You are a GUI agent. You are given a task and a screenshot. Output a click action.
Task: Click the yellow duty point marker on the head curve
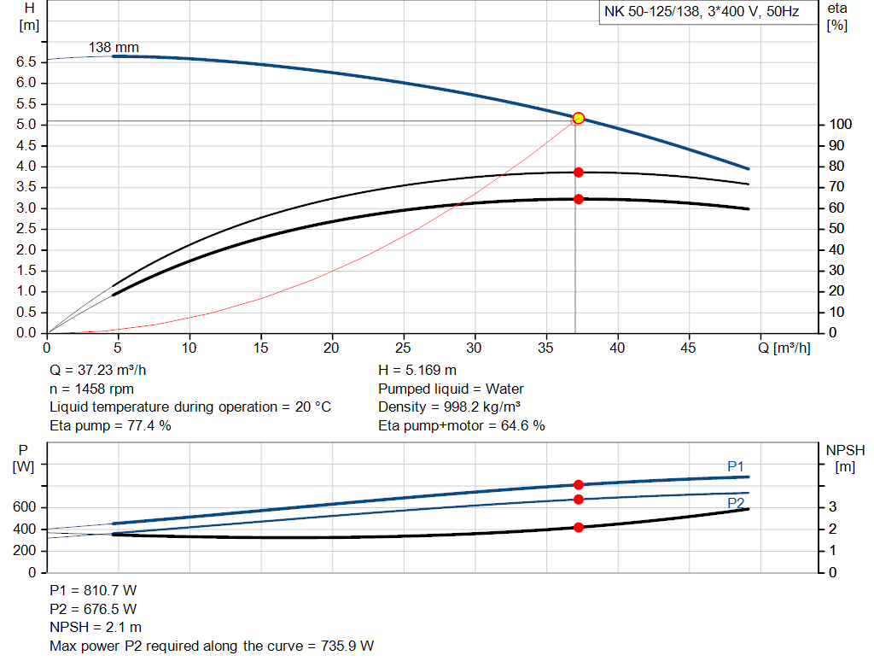pos(578,118)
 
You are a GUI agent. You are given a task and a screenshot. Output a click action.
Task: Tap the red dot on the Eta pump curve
pos(578,173)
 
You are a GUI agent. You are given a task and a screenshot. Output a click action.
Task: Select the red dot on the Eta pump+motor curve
pos(578,199)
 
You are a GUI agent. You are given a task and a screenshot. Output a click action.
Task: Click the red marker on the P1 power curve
pos(578,485)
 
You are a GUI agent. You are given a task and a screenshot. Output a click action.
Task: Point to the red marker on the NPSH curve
pos(578,527)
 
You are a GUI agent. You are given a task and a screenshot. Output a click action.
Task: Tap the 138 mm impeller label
pos(114,48)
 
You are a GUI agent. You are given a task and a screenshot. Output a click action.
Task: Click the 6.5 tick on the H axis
pos(26,62)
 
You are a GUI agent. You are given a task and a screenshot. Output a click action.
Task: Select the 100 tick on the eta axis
pos(839,125)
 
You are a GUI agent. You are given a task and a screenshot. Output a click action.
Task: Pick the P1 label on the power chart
pos(736,466)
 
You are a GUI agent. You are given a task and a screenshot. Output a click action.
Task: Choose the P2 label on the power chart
pos(736,504)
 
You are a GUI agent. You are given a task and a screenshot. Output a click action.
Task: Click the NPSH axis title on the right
pos(846,449)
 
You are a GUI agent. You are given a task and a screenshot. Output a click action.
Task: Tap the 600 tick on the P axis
pos(24,508)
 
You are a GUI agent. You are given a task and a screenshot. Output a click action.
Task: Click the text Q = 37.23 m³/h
pos(103,371)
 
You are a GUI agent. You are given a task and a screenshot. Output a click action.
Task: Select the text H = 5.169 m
pos(417,371)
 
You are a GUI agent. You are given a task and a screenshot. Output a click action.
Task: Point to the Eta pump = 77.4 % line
pos(111,425)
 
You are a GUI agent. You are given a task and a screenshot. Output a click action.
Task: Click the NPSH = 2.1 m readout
pos(96,628)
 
